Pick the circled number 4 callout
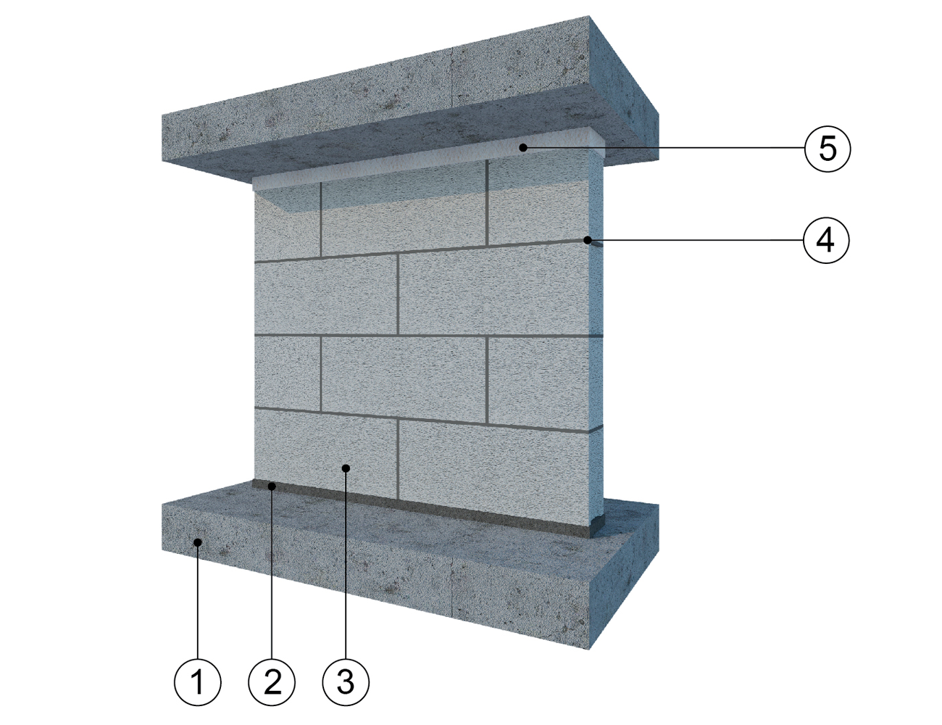tap(826, 240)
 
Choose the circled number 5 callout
tap(828, 149)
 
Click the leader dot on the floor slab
tap(198, 542)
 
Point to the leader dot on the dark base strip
tap(272, 486)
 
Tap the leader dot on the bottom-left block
tap(346, 468)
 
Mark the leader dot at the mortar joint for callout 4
tap(588, 240)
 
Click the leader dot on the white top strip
tap(524, 148)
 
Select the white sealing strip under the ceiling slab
tap(425, 160)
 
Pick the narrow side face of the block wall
tap(596, 339)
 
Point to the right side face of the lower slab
tap(624, 576)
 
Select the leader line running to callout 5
tap(664, 149)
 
